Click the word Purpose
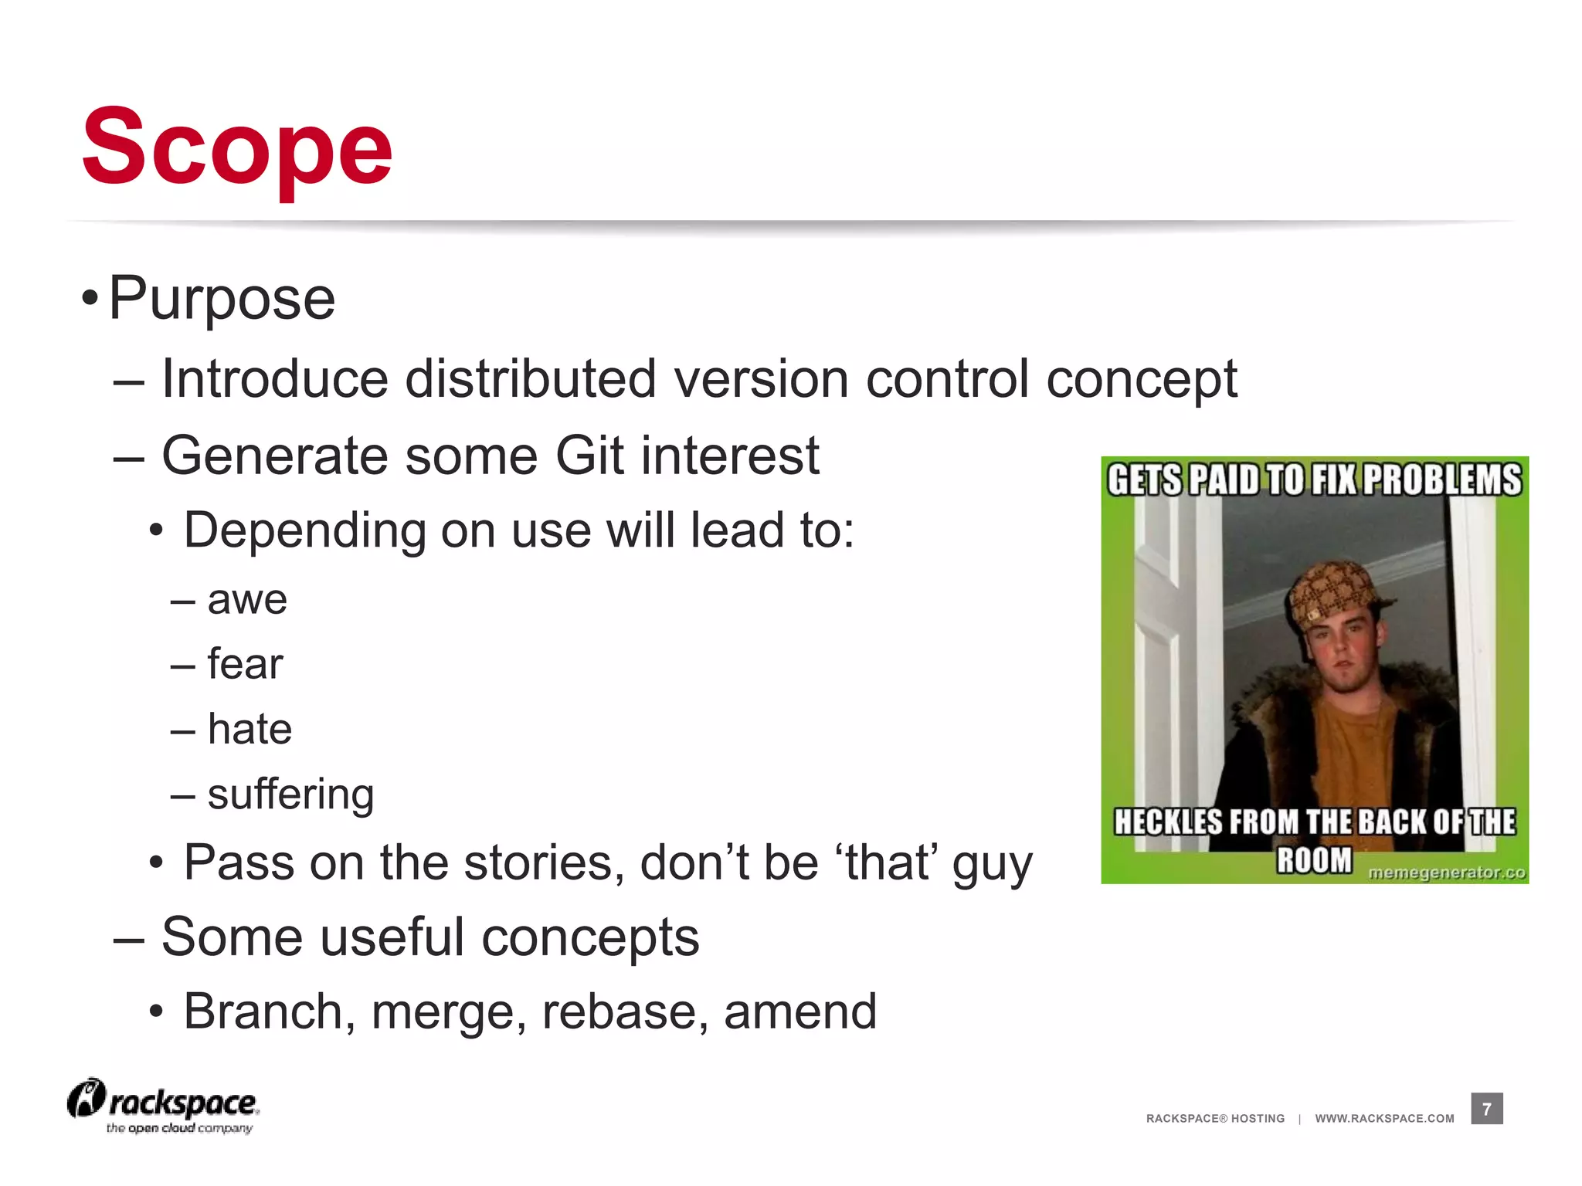(x=222, y=299)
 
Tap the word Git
(x=589, y=456)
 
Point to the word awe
(x=247, y=600)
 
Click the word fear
(x=245, y=664)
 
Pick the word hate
(x=250, y=729)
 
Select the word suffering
(x=290, y=795)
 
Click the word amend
(x=799, y=1011)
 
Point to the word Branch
(x=263, y=1011)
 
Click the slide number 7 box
(x=1486, y=1109)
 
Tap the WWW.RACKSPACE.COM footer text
(x=1384, y=1118)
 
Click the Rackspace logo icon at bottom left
(x=86, y=1098)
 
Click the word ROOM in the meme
(x=1314, y=859)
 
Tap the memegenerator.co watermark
(x=1447, y=873)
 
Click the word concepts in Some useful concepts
(x=590, y=937)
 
